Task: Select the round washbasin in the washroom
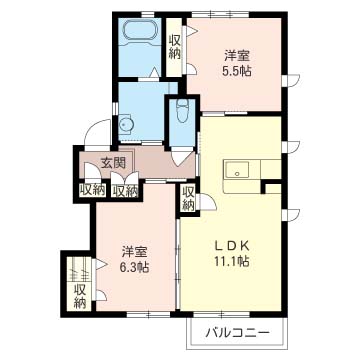126,125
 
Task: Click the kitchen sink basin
237,171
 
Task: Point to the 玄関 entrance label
113,163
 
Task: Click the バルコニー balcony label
237,333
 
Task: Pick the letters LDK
232,246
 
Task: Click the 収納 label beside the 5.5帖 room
174,47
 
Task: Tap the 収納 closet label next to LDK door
188,198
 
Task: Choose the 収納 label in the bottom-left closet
80,296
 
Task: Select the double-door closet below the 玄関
125,184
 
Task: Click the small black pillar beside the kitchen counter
263,188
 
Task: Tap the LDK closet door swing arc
207,202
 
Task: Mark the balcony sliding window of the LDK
221,314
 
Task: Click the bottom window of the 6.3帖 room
149,314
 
